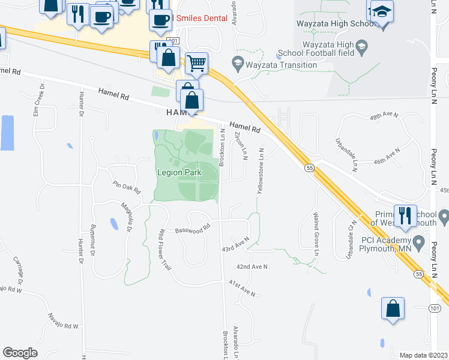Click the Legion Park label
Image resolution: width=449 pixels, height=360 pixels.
(x=179, y=172)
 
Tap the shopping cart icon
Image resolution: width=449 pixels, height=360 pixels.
(x=196, y=62)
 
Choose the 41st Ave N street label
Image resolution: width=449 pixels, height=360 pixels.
(x=242, y=287)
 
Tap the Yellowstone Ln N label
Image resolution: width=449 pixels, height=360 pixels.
(x=261, y=171)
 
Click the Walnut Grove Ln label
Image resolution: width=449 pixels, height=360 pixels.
(x=315, y=233)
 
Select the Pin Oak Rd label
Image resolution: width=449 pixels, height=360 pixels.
(x=126, y=187)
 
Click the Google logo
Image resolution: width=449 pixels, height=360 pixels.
(x=20, y=353)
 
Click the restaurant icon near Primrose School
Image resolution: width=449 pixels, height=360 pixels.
(x=405, y=215)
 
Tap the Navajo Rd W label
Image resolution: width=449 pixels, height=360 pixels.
(x=62, y=326)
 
